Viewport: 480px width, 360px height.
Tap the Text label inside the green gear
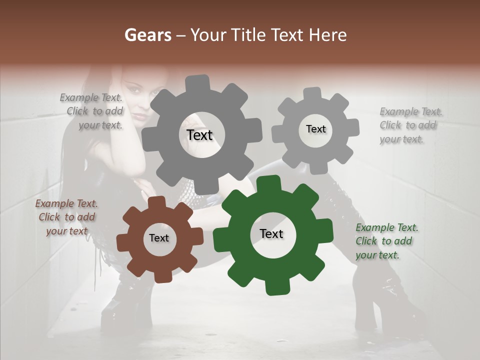coord(271,234)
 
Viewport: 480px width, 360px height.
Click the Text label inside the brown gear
coord(159,238)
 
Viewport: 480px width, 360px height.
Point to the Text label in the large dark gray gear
coord(200,135)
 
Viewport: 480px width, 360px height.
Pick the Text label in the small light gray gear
coord(315,129)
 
